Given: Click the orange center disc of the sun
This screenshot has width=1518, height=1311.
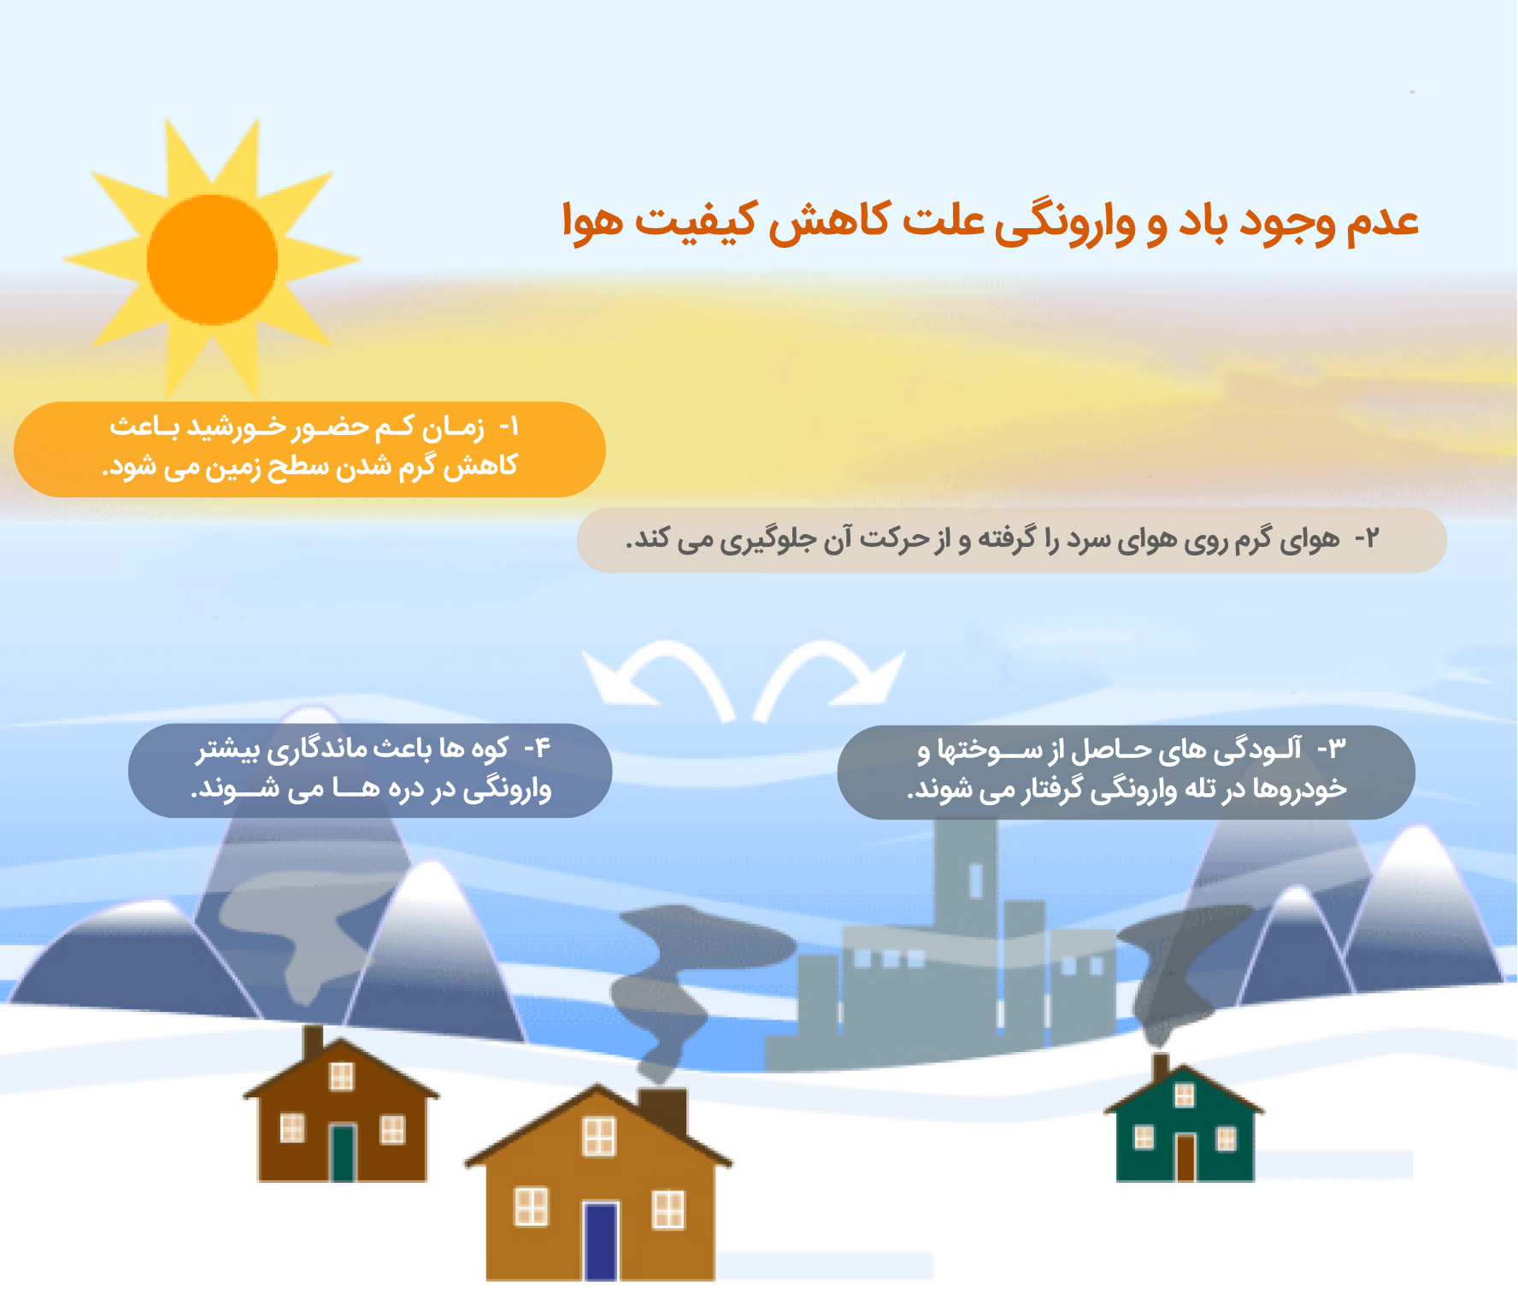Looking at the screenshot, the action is tap(212, 260).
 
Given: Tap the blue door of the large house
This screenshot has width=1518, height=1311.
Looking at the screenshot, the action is tap(601, 1241).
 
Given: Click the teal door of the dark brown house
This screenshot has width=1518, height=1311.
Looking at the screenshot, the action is tap(343, 1153).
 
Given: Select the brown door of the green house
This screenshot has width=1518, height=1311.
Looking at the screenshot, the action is tap(1186, 1158).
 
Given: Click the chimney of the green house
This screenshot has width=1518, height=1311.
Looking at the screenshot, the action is tap(1161, 1069).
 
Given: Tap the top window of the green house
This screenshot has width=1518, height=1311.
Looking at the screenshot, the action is tap(1185, 1095).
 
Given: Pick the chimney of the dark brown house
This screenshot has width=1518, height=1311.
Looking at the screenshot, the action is tap(314, 1044).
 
